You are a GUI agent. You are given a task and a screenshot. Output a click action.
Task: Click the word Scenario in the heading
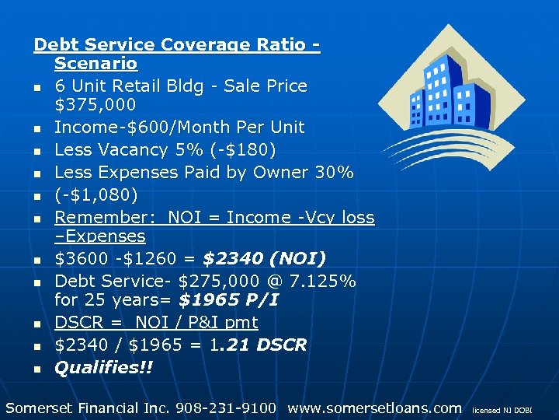(x=95, y=64)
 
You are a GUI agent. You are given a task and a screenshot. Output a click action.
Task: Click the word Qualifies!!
(x=103, y=367)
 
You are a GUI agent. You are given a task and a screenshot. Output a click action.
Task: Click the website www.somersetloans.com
(x=374, y=408)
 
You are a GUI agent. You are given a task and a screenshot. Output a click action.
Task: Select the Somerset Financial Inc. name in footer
(x=88, y=408)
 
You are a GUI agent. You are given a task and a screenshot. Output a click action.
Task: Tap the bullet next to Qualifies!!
(x=37, y=369)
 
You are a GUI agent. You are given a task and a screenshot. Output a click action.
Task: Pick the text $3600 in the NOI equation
(x=78, y=258)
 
